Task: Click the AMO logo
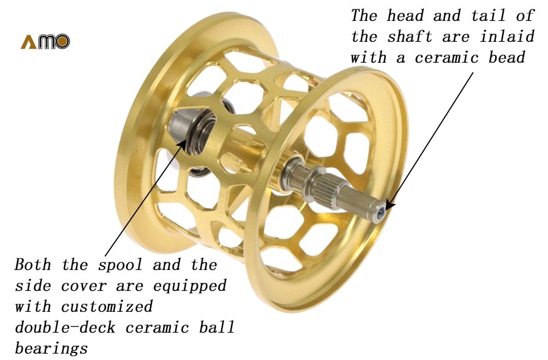(45, 42)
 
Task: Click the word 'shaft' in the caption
(410, 37)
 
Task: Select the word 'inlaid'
(507, 37)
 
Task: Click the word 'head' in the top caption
(405, 16)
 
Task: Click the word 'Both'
(33, 265)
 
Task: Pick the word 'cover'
(84, 286)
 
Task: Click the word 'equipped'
(190, 286)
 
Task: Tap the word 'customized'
(107, 307)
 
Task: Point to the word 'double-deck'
(65, 327)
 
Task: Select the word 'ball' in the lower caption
(217, 327)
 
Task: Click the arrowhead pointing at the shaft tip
(390, 206)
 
